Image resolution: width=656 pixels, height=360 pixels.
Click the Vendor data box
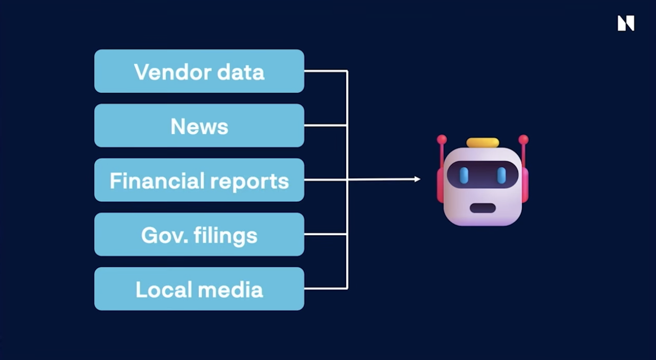tap(199, 71)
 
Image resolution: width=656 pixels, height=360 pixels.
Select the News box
tap(199, 125)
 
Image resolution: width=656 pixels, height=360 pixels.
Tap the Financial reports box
tap(199, 180)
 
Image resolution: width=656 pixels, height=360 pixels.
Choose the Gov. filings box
tap(199, 235)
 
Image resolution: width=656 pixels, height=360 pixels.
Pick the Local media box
tap(199, 289)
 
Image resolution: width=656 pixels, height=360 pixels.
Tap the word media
tap(238, 290)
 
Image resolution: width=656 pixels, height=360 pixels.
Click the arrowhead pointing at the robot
tap(417, 179)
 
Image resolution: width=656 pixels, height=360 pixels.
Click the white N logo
tap(625, 23)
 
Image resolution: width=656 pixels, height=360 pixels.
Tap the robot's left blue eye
tap(464, 175)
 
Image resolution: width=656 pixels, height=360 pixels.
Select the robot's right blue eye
tap(501, 175)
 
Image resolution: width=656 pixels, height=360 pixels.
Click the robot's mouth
tap(483, 208)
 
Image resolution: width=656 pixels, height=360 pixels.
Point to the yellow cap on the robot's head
tap(483, 142)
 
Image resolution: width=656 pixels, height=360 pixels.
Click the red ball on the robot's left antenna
tap(442, 139)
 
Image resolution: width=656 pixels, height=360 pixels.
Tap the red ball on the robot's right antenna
tap(523, 139)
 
